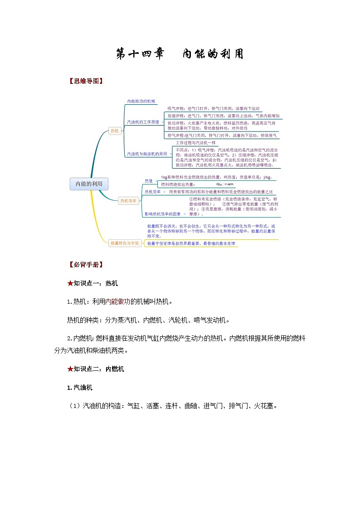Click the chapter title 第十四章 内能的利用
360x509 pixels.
pos(180,54)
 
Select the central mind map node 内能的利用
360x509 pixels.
pos(89,184)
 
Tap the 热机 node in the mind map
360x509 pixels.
pos(115,131)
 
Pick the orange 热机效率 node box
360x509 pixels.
pos(128,200)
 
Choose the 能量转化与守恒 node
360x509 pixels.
pos(125,243)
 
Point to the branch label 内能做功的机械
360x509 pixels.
pos(141,101)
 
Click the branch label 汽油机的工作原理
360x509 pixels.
pos(143,122)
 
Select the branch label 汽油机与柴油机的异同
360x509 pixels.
pos(147,154)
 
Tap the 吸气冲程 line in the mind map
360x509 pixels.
pos(213,109)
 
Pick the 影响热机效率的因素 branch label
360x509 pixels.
pos(162,213)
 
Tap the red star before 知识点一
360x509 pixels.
pos(70,283)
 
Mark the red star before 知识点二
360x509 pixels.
pos(70,369)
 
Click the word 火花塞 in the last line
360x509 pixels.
pos(263,406)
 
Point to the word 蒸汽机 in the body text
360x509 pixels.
pos(127,320)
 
